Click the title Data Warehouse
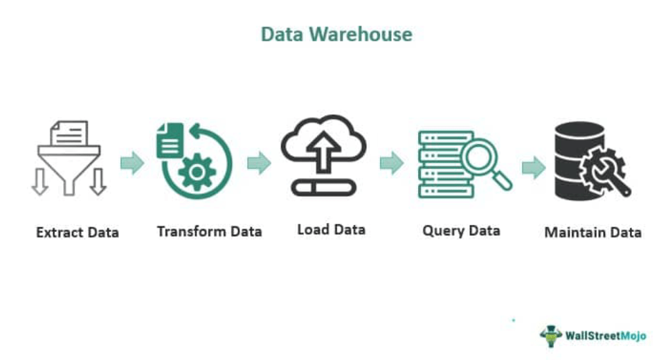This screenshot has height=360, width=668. [x=336, y=34]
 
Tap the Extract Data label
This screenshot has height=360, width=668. [x=78, y=232]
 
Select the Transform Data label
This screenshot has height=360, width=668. [x=209, y=231]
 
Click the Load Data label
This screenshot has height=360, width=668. [x=331, y=229]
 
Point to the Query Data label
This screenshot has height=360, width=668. [x=461, y=231]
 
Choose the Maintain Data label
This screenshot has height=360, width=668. [x=593, y=232]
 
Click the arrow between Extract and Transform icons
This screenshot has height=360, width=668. [x=132, y=163]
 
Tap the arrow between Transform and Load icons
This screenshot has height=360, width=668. [x=259, y=163]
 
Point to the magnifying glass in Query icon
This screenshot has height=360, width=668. [x=482, y=159]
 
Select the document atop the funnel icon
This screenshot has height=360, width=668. [x=69, y=132]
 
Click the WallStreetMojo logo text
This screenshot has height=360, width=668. [x=605, y=336]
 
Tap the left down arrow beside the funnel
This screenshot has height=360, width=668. [x=39, y=181]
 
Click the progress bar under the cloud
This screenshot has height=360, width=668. [x=324, y=187]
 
